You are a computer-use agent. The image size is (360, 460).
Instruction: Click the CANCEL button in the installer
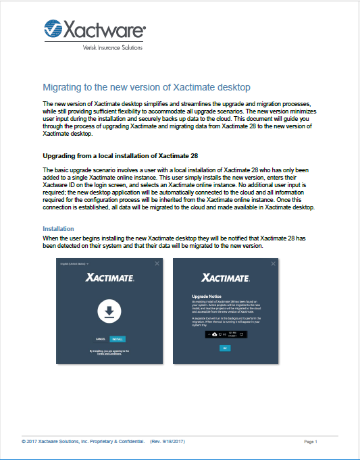point(100,338)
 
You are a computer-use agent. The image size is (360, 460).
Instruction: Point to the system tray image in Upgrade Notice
point(226,334)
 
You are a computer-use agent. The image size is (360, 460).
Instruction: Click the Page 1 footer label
point(311,441)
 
